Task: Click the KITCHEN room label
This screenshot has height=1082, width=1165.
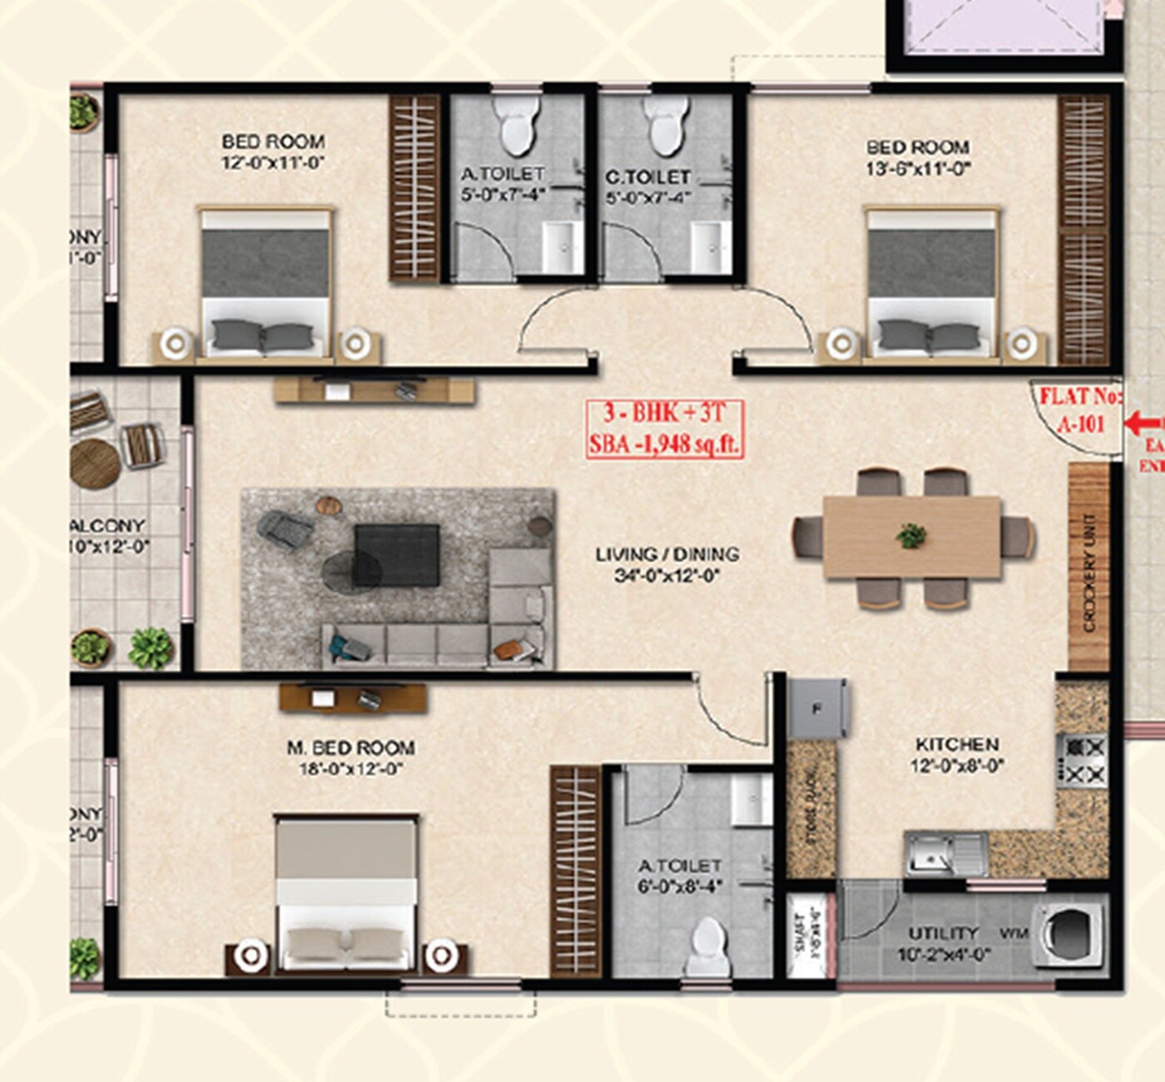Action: tap(957, 744)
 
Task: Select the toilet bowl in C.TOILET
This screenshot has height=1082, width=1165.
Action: tap(667, 127)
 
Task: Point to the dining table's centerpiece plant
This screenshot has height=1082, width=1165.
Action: tap(912, 535)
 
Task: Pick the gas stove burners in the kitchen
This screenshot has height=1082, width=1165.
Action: tap(1082, 761)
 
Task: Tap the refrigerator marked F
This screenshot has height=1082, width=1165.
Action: tap(817, 710)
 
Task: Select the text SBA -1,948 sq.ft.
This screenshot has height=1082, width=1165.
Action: tap(664, 443)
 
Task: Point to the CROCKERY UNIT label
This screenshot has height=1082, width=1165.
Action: tap(1089, 573)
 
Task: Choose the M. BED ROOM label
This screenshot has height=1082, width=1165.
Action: tap(350, 748)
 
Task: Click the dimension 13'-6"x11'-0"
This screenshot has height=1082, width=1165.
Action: tap(918, 169)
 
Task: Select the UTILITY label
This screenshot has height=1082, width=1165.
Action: tap(943, 933)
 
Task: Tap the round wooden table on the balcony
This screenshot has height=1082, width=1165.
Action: tap(96, 463)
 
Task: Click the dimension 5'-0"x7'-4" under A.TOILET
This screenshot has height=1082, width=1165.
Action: tap(503, 197)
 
